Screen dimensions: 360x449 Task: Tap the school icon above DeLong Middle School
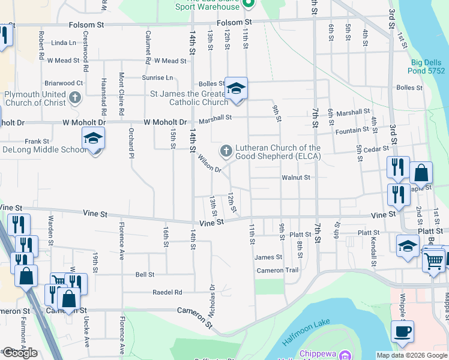(x=93, y=139)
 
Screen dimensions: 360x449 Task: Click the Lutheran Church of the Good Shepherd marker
(x=226, y=150)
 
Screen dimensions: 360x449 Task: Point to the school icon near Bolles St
(x=236, y=89)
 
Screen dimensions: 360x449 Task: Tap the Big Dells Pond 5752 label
(x=429, y=66)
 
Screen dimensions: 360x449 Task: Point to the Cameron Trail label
(x=277, y=271)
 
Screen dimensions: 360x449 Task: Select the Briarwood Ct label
(x=63, y=83)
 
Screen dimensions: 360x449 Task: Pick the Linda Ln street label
(x=64, y=43)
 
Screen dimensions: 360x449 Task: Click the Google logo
(x=20, y=353)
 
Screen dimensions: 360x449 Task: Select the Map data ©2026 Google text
(x=412, y=355)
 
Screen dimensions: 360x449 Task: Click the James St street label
(x=268, y=257)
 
